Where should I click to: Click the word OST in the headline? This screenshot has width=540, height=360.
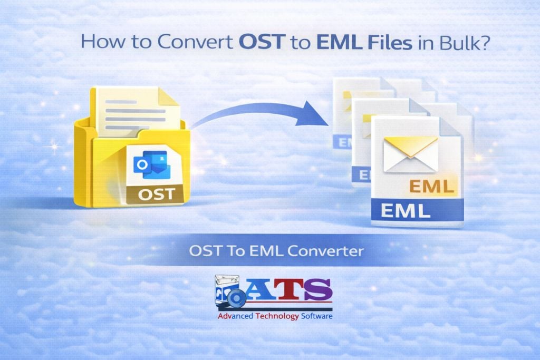click(x=262, y=42)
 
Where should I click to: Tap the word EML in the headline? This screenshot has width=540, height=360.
click(x=339, y=42)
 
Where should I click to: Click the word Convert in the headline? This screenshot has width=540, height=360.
click(x=195, y=42)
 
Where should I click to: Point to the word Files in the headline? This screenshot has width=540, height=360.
click(x=390, y=42)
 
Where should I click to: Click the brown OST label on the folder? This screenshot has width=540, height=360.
click(x=156, y=194)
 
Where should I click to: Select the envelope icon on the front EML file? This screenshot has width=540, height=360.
click(x=410, y=154)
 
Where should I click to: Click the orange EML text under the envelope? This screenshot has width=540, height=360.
click(x=431, y=187)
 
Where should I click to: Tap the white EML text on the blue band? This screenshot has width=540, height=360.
click(x=406, y=211)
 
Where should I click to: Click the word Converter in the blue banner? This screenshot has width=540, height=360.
click(x=325, y=251)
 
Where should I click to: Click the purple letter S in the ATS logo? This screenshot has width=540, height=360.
click(x=317, y=289)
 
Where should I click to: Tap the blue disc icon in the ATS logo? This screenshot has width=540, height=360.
click(x=236, y=297)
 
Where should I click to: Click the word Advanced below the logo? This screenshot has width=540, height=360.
click(x=235, y=316)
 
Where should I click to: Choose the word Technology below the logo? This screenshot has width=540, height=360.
click(x=277, y=316)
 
